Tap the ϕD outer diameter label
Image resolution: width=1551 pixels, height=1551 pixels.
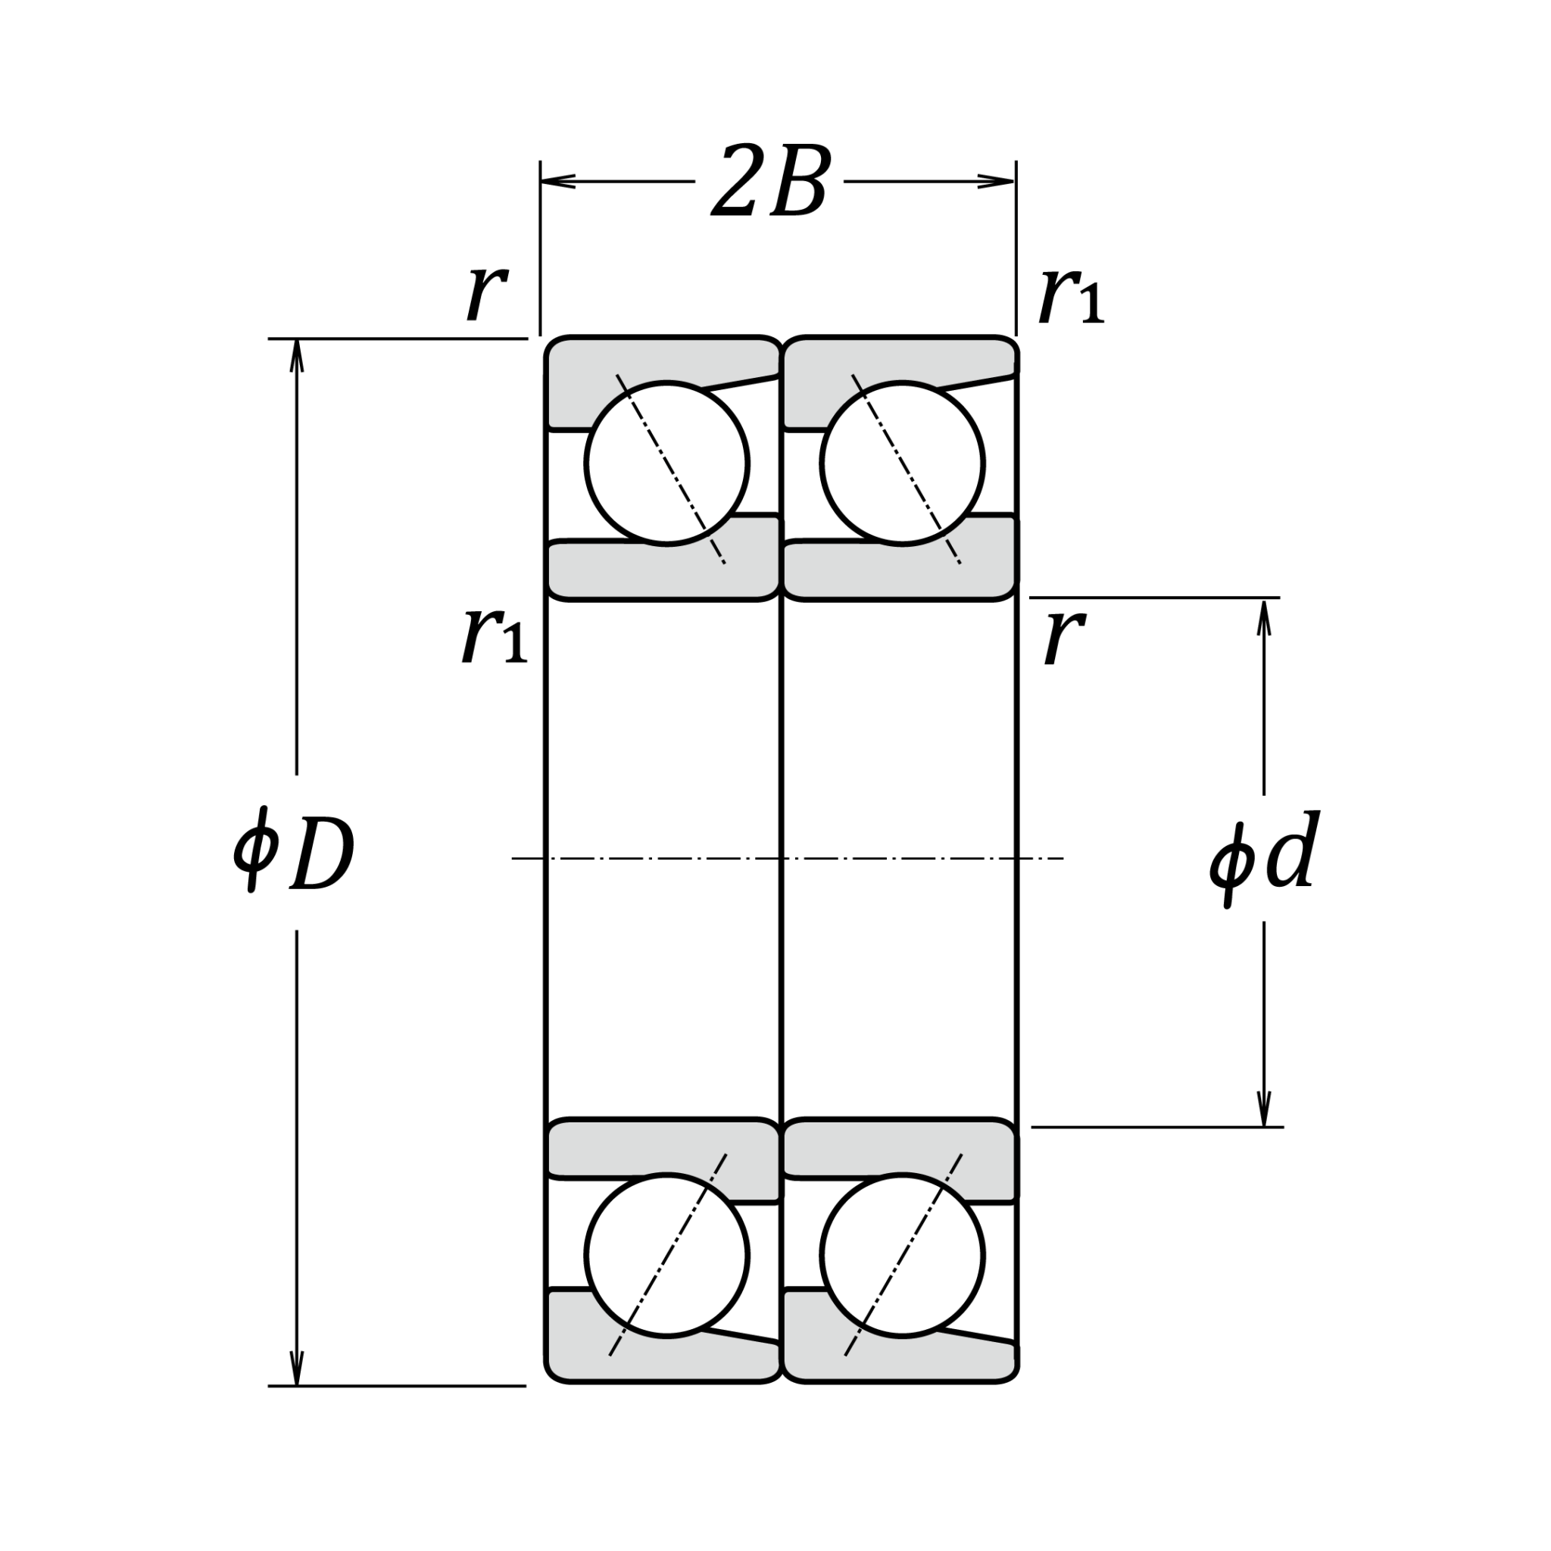pos(294,857)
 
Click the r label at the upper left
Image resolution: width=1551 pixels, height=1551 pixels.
pos(485,291)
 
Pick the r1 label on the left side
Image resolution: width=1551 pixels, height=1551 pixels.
pos(494,635)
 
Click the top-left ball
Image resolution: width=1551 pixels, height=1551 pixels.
pos(666,463)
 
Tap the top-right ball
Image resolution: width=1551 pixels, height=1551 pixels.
pos(901,463)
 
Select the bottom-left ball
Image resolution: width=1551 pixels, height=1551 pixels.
pos(666,1256)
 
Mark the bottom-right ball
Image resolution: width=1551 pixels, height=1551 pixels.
pos(901,1256)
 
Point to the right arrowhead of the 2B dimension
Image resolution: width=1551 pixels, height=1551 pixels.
pos(999,182)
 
